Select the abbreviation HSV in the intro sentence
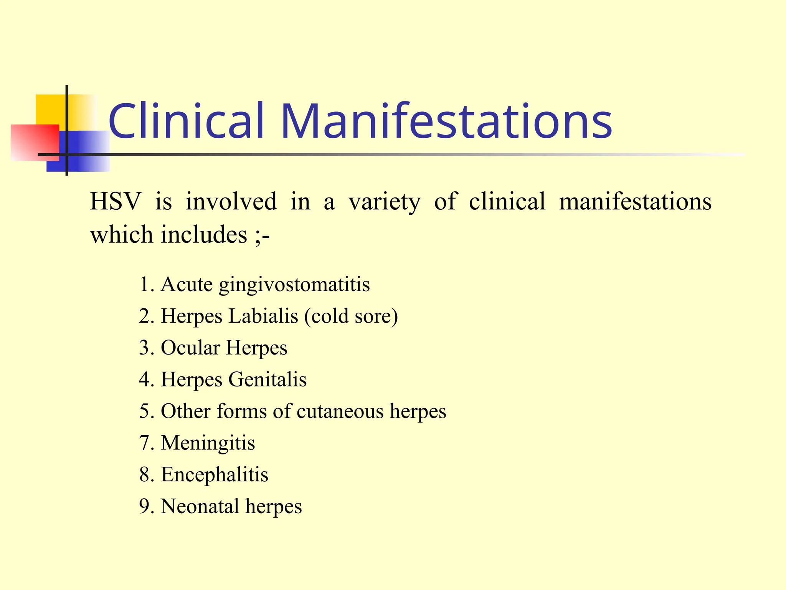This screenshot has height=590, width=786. tap(115, 201)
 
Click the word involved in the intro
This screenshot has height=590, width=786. tap(231, 201)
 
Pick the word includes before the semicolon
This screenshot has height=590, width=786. tap(204, 234)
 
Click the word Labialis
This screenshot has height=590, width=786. tap(263, 316)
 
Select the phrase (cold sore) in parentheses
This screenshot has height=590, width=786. tap(351, 317)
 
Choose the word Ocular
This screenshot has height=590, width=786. tap(190, 348)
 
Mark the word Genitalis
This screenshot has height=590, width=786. tap(268, 380)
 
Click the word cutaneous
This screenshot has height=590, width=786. tap(340, 411)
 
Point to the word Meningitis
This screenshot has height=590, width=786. tap(208, 443)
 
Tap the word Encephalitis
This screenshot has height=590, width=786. tap(215, 474)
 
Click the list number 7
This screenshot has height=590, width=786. tap(144, 443)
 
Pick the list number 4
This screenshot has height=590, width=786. tap(144, 380)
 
